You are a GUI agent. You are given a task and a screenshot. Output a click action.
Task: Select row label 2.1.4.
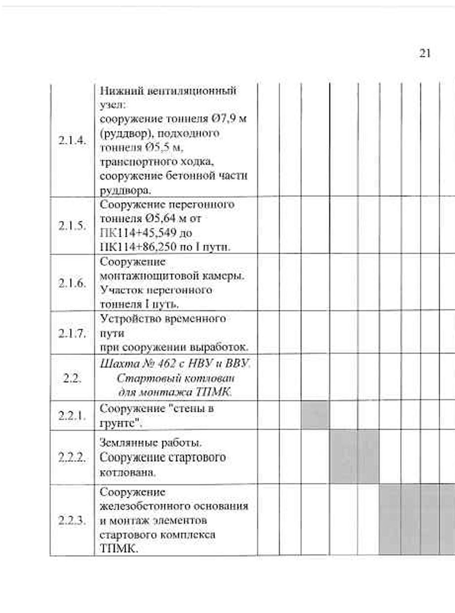72,140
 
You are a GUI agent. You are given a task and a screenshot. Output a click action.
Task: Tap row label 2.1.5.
72,226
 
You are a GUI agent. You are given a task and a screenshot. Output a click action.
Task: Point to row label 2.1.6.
72,283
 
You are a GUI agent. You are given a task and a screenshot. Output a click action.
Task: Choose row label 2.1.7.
72,333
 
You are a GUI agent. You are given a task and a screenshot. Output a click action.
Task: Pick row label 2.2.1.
72,416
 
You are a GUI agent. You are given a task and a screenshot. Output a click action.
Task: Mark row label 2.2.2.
72,457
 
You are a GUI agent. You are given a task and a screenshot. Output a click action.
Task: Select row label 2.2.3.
72,520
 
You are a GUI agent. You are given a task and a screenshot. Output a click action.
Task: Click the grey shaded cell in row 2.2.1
315,415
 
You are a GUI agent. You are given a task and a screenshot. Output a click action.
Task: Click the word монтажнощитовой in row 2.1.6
146,275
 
